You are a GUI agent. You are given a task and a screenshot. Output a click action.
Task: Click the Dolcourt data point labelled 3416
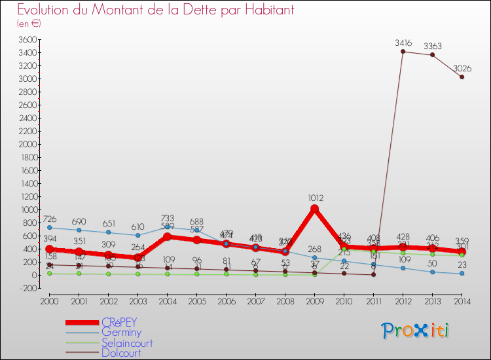403,51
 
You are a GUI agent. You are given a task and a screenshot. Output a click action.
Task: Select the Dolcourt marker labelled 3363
432,55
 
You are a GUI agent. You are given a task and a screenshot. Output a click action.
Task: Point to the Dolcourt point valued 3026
462,77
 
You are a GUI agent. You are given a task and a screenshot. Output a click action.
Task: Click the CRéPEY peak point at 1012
314,209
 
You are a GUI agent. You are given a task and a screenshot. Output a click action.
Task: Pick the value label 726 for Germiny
50,219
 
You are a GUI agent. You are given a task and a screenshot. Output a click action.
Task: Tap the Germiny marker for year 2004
167,227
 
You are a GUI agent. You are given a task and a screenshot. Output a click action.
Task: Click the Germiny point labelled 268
314,257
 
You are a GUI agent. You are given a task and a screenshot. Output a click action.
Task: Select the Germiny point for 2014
462,274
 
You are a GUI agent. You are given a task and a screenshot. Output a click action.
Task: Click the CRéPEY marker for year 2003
137,258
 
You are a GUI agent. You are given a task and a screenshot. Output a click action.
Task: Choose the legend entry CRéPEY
119,323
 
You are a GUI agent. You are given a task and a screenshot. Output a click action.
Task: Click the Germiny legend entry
121,333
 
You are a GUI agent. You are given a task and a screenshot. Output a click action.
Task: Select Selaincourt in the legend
127,342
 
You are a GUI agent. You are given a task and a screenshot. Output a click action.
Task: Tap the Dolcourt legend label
121,352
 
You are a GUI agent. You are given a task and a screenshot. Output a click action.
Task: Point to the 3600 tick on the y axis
27,39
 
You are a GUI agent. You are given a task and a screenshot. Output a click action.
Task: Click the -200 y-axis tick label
27,288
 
